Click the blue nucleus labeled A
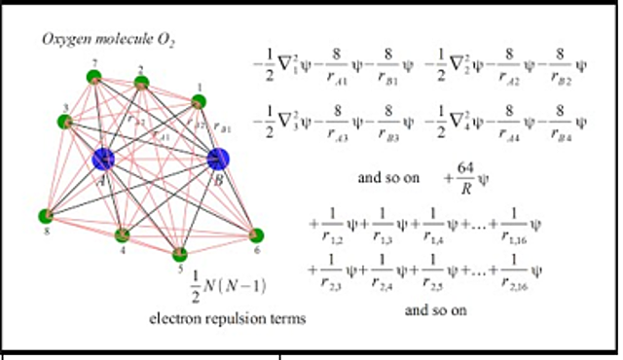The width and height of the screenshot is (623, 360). tap(103, 159)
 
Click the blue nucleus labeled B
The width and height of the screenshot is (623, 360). tap(218, 159)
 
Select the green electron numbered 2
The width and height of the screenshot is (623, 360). tap(141, 83)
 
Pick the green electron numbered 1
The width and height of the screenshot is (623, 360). tap(199, 101)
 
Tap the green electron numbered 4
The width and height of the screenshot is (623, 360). tap(123, 236)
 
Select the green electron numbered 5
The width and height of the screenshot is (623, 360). tap(180, 255)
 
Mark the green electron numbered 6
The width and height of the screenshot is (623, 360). tap(256, 235)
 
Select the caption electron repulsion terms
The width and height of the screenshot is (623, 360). tap(228, 318)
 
